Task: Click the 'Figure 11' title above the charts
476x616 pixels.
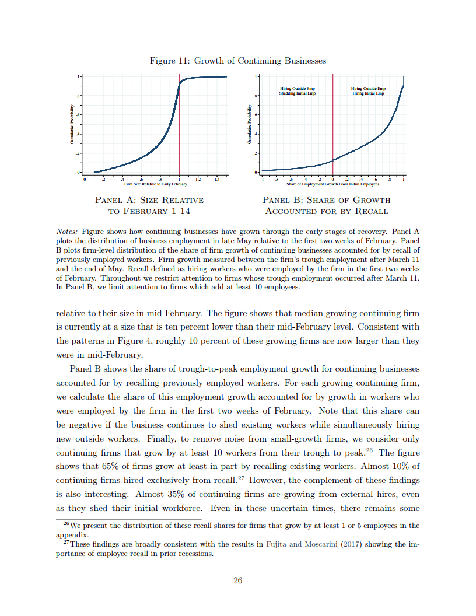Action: pyautogui.click(x=237, y=61)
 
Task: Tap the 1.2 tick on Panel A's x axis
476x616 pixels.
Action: pyautogui.click(x=198, y=179)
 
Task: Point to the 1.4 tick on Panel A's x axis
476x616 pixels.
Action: pyautogui.click(x=216, y=179)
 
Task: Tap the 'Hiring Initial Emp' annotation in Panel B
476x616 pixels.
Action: pyautogui.click(x=368, y=93)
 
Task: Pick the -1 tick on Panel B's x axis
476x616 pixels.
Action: pyautogui.click(x=262, y=179)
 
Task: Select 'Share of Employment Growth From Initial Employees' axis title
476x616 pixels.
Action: pyautogui.click(x=333, y=184)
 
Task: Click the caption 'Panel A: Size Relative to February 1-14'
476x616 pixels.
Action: pyautogui.click(x=149, y=205)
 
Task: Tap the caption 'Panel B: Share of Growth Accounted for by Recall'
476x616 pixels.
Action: pyautogui.click(x=326, y=205)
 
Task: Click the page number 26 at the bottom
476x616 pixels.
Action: pyautogui.click(x=237, y=580)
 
